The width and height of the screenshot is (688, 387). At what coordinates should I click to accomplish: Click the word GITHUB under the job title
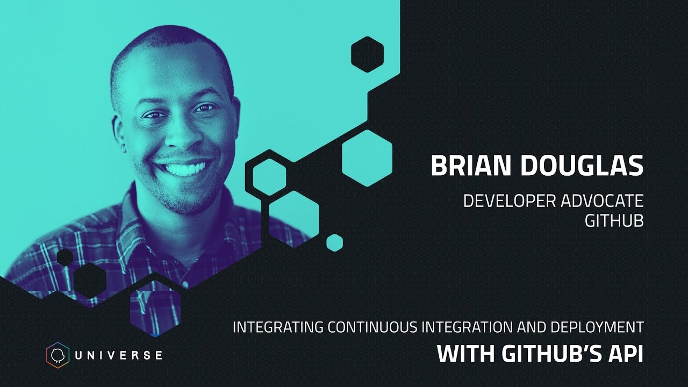pos(614,221)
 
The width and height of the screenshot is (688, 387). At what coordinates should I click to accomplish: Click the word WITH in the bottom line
pos(466,354)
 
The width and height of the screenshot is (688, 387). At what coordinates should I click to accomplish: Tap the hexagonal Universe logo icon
pos(58,354)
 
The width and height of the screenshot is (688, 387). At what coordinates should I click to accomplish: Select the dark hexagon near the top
pos(367,54)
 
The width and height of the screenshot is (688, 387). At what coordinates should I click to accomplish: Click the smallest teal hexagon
pos(334,242)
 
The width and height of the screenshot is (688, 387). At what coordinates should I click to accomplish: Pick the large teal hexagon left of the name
pos(367,157)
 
